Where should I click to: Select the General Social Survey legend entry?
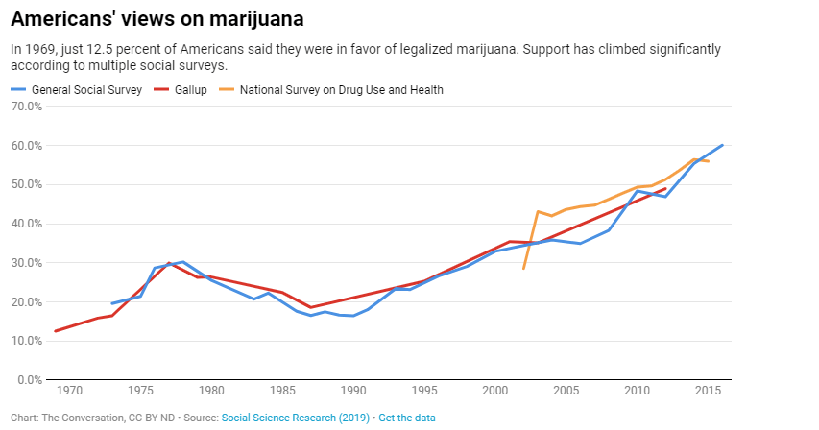pyautogui.click(x=86, y=89)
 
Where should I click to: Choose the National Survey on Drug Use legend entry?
pyautogui.click(x=341, y=89)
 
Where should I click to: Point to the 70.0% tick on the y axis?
pyautogui.click(x=26, y=107)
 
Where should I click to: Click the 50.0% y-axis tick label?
pyautogui.click(x=26, y=184)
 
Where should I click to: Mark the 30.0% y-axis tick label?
pyautogui.click(x=26, y=263)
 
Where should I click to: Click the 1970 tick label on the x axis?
pyautogui.click(x=69, y=392)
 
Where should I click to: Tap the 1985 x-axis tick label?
pyautogui.click(x=282, y=392)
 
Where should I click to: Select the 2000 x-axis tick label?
pyautogui.click(x=495, y=392)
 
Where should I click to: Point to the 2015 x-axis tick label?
pyautogui.click(x=708, y=392)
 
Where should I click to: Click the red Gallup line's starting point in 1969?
pyautogui.click(x=56, y=331)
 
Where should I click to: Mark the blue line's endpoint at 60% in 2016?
pyautogui.click(x=722, y=145)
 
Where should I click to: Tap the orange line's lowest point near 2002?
pyautogui.click(x=523, y=269)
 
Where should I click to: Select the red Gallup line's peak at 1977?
pyautogui.click(x=169, y=263)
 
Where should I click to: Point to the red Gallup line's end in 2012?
pyautogui.click(x=665, y=188)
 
